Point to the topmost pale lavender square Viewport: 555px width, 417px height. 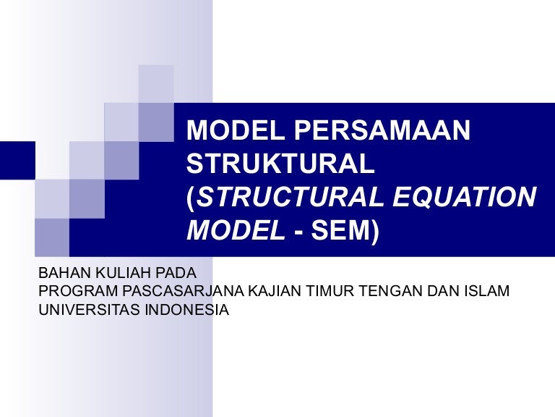click(x=156, y=83)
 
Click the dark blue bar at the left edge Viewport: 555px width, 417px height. click(x=17, y=159)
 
